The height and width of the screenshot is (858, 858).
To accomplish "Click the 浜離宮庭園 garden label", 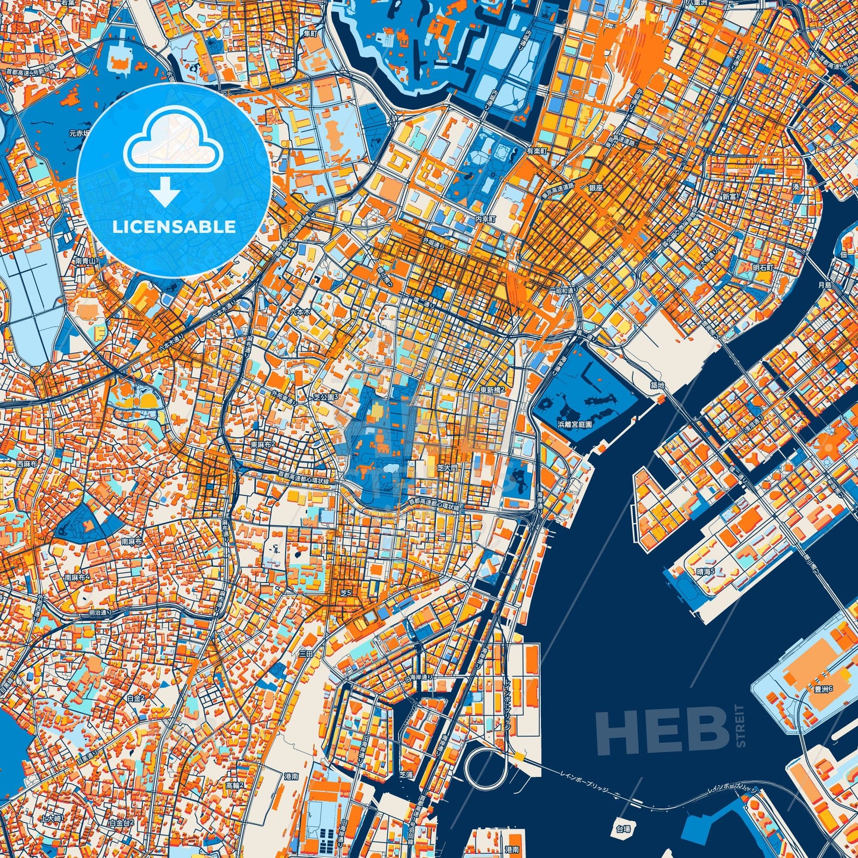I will tap(575, 425).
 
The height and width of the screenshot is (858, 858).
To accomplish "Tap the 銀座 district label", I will tap(596, 187).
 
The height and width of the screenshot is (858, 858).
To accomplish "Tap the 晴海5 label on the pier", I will tap(706, 571).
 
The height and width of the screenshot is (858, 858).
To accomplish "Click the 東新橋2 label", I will tap(492, 390).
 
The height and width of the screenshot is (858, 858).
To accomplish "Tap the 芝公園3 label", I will tap(325, 396).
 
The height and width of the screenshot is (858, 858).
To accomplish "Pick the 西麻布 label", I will tap(27, 463).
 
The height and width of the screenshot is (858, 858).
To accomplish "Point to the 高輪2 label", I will tap(235, 786).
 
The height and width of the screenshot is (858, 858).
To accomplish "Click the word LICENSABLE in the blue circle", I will tap(174, 227).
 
